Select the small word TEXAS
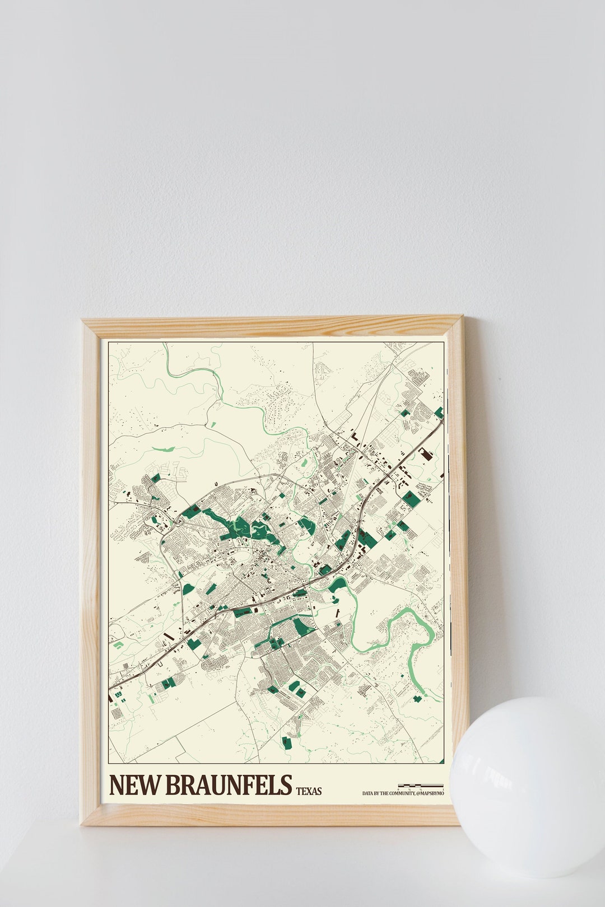(x=309, y=791)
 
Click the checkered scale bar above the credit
(x=420, y=786)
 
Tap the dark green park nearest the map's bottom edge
(x=286, y=742)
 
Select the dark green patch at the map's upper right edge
(x=439, y=413)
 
